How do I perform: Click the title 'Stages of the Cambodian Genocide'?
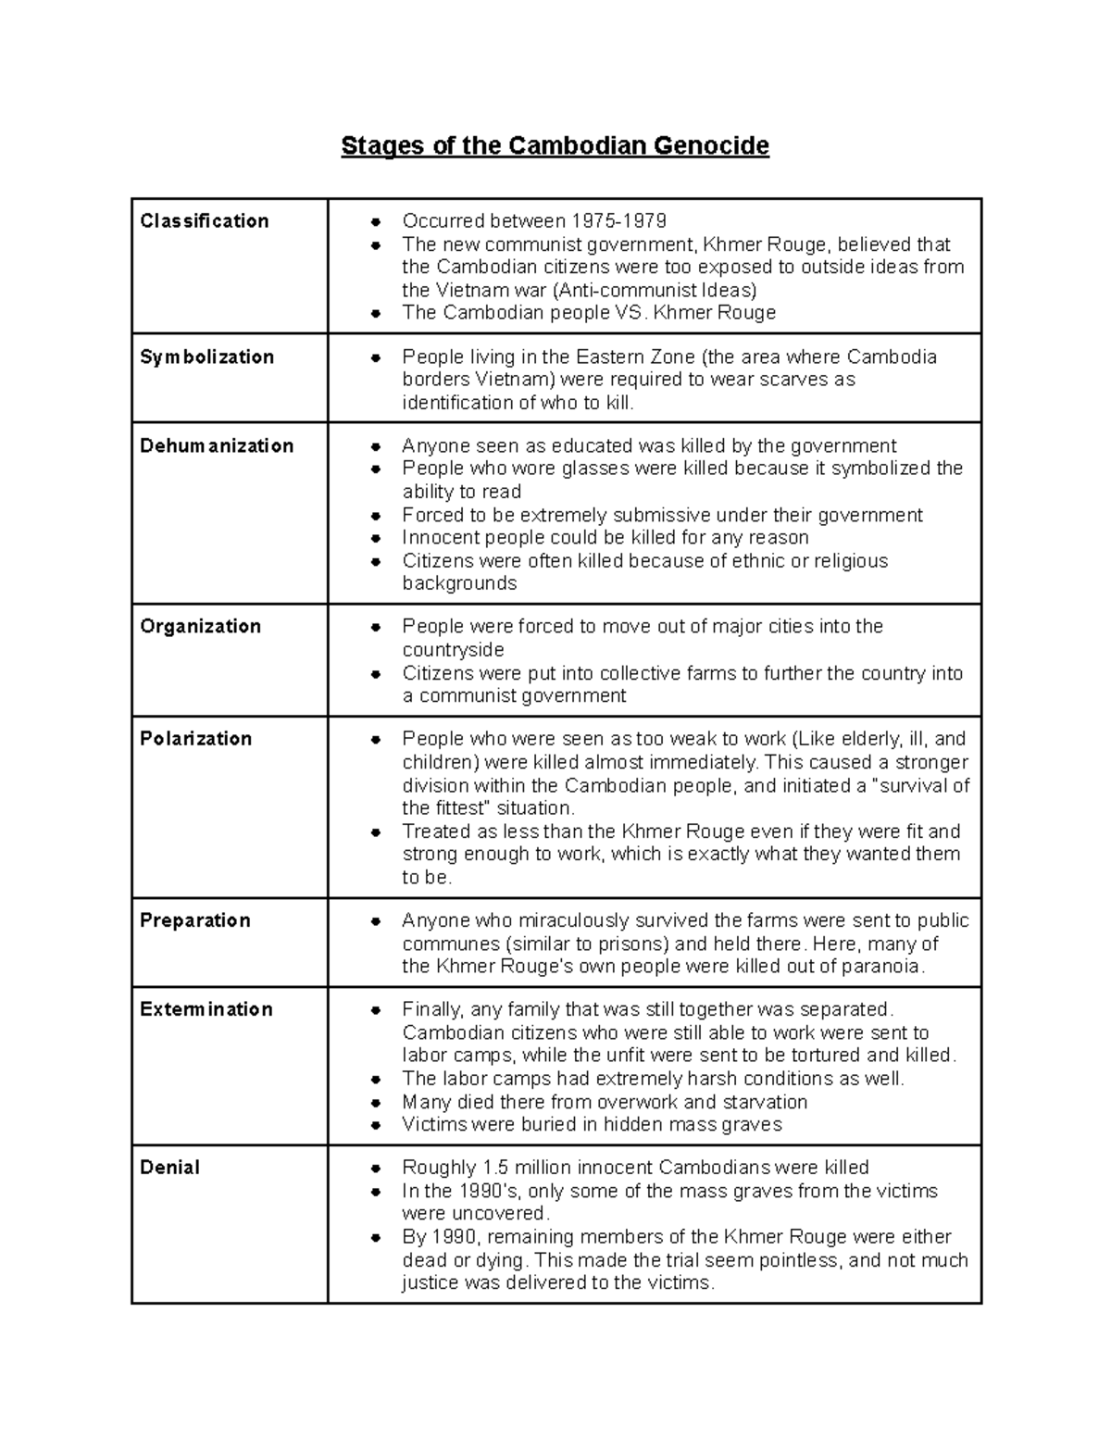tap(555, 146)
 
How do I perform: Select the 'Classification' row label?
tap(205, 221)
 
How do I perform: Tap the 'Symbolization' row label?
tap(206, 357)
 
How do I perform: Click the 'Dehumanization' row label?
tap(217, 446)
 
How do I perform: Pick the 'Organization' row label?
tap(200, 627)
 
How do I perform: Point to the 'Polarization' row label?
tap(195, 739)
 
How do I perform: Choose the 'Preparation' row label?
tap(194, 920)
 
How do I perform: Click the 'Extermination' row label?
tap(206, 1009)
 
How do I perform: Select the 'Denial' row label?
tap(169, 1168)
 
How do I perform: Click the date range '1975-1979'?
tap(618, 221)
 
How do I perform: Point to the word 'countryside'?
tap(453, 650)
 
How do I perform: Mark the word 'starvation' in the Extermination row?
tap(764, 1102)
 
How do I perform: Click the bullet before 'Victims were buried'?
tap(376, 1126)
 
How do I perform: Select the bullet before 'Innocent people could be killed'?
tap(376, 539)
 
